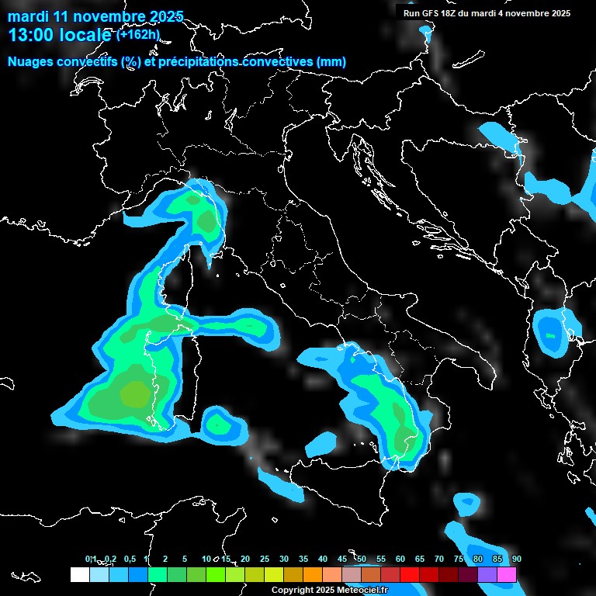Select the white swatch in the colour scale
[x=79, y=574]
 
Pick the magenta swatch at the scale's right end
[x=507, y=574]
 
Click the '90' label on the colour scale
[x=516, y=560]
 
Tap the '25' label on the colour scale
[x=265, y=560]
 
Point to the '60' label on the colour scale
[x=400, y=560]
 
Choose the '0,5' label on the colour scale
[x=129, y=560]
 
